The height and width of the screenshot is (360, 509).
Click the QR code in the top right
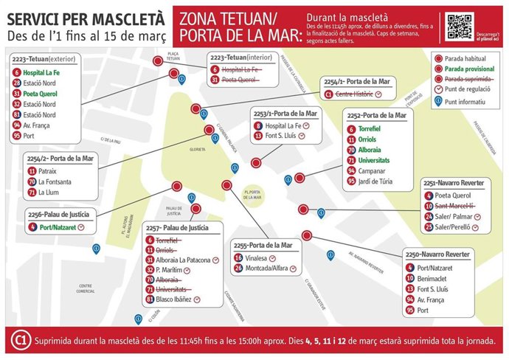[x=459, y=26]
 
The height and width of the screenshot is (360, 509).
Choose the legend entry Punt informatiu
[x=471, y=103]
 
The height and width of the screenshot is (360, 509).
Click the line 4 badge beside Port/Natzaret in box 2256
[x=34, y=227]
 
